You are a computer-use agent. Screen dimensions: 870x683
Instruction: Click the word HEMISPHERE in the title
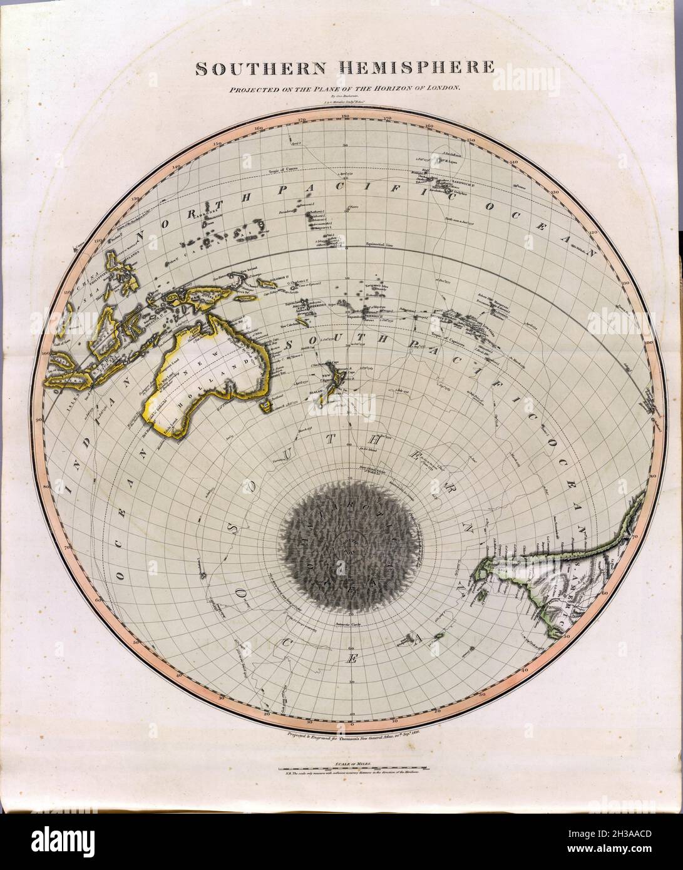[x=415, y=68]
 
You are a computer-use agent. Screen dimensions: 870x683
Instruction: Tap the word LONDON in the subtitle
[x=443, y=88]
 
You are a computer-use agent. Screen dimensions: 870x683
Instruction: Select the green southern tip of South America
[x=485, y=571]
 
